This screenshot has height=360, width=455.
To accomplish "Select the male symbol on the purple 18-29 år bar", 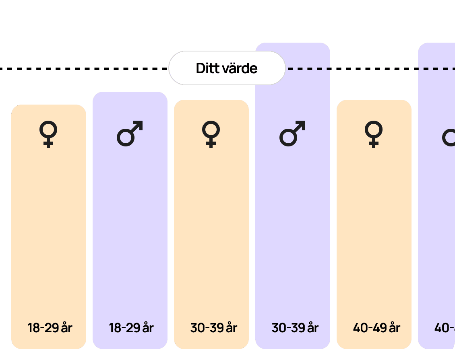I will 130,133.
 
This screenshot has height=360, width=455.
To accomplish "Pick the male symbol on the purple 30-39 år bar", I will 292,133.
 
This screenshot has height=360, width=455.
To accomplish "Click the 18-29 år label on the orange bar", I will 50,328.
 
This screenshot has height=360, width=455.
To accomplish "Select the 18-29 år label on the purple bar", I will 131,328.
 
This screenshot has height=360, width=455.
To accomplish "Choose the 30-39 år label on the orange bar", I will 213,328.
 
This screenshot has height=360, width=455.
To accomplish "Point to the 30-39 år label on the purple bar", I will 295,328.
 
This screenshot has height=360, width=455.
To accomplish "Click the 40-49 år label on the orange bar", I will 376,328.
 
